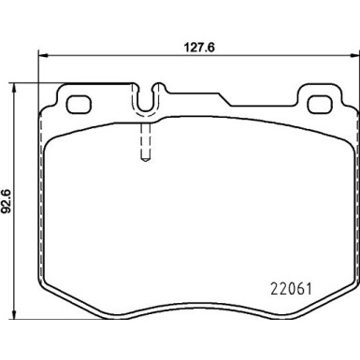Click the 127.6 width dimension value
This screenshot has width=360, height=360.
(200, 48)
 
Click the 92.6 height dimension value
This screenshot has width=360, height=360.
(7, 201)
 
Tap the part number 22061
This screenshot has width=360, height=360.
(291, 289)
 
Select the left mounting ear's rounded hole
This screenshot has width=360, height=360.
(79, 105)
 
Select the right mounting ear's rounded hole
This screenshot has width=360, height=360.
(319, 105)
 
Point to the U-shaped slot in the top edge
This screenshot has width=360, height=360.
(146, 109)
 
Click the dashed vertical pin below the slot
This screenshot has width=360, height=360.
(146, 142)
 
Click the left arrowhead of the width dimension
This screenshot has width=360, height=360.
(43, 55)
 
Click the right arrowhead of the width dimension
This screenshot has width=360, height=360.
(354, 55)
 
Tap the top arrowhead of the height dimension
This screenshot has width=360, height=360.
(13, 88)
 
